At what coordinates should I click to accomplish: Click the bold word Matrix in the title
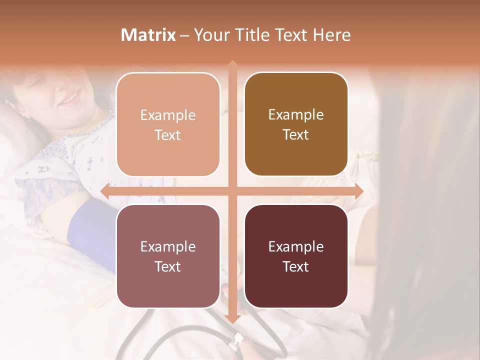[148, 35]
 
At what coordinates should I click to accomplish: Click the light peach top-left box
[168, 124]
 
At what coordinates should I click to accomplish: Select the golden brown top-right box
[296, 124]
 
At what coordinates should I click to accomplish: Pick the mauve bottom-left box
[168, 256]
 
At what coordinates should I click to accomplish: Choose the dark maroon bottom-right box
[296, 256]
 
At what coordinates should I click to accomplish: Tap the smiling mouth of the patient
[71, 98]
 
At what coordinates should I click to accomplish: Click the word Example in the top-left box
[168, 115]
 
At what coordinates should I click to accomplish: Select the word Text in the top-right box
[296, 135]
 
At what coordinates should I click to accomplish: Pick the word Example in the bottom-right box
[296, 246]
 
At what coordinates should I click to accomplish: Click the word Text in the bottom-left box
[168, 266]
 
